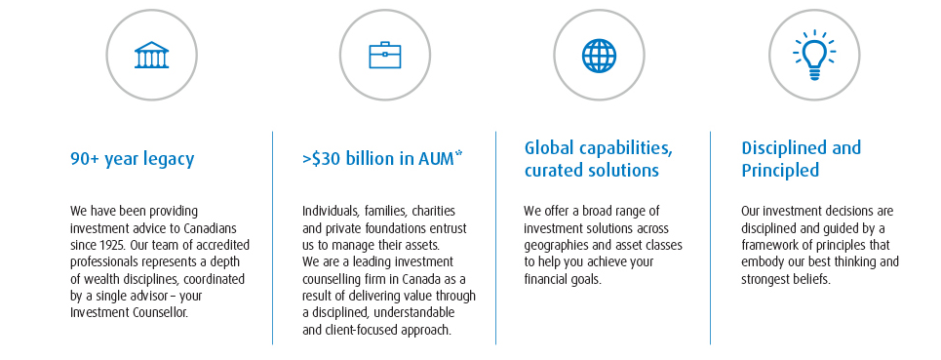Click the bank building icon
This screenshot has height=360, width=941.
coord(151,56)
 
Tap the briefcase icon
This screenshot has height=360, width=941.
coord(384,56)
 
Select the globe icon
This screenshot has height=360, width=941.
coord(599,56)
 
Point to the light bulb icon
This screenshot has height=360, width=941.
coord(814,56)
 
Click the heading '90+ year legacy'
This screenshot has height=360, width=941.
coord(132,160)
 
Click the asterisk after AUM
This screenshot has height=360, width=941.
coord(458,155)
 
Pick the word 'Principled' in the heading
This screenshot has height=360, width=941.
coord(780,171)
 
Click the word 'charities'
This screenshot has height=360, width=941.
coord(431,211)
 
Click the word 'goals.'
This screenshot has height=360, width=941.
coord(586,280)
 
